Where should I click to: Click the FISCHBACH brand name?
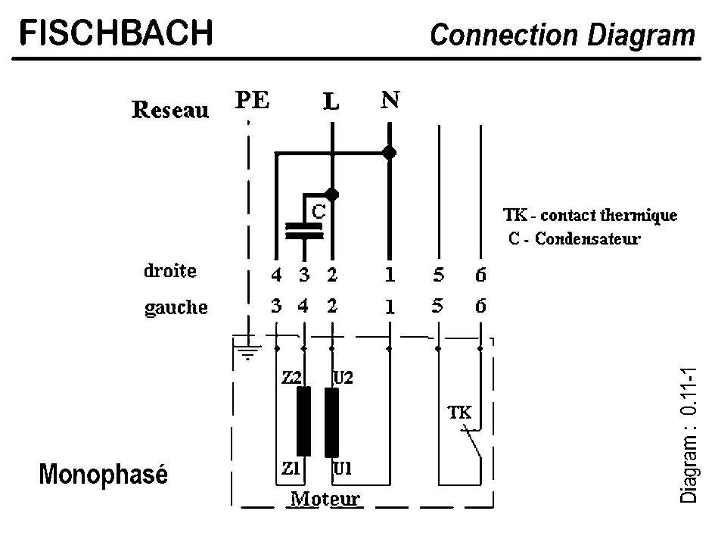[x=116, y=33]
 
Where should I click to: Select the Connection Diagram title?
[x=561, y=35]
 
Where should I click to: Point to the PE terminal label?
[x=252, y=100]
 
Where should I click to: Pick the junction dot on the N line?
[x=389, y=153]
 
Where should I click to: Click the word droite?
[x=170, y=270]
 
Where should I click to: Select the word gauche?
[x=176, y=307]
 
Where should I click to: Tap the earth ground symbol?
[x=247, y=350]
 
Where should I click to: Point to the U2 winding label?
[x=343, y=375]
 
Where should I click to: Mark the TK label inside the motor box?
[x=459, y=413]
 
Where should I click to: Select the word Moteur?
[x=325, y=499]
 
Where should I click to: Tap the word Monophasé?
[x=103, y=475]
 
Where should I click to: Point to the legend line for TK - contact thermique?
[x=590, y=215]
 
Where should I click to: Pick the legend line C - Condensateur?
[x=574, y=238]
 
